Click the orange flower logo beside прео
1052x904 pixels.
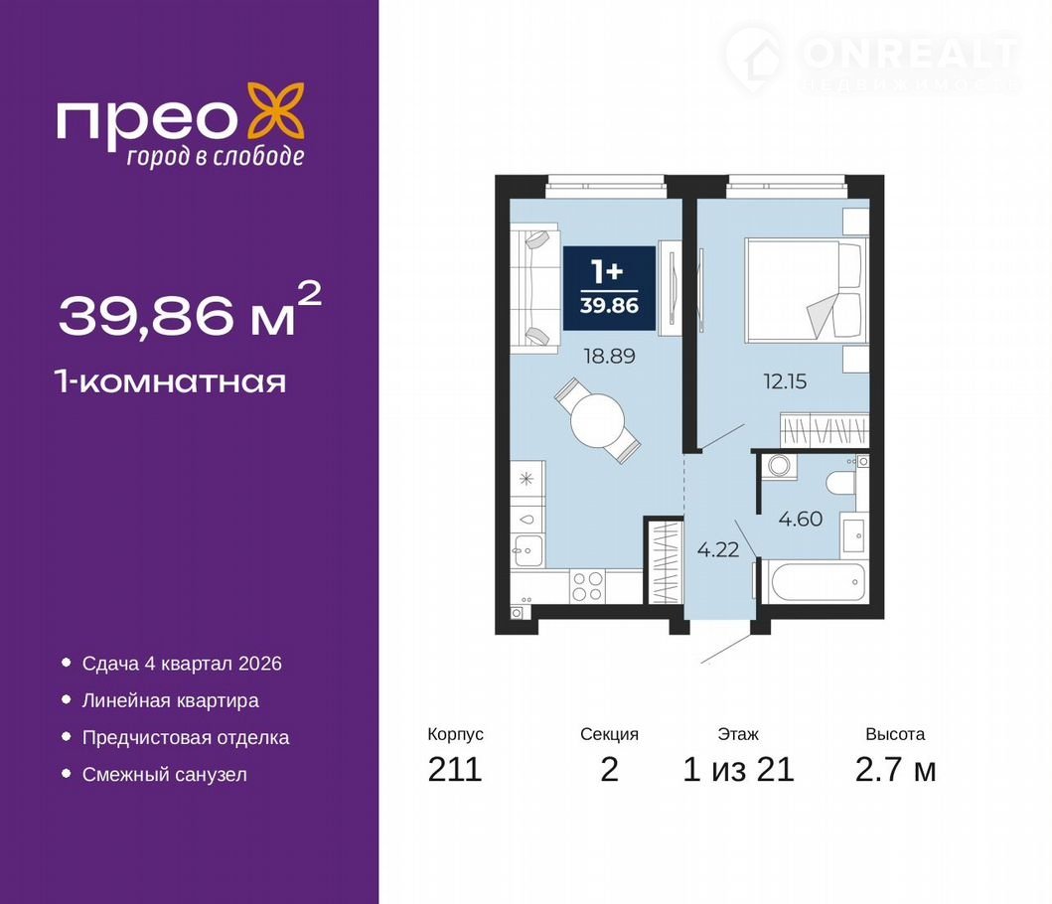point(276,112)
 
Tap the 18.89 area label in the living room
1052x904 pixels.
point(609,356)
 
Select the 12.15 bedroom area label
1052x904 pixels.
point(785,381)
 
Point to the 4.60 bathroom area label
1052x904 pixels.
point(801,519)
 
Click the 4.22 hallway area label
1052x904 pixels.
point(718,549)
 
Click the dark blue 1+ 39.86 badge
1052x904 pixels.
point(609,288)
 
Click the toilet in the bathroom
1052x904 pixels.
point(841,483)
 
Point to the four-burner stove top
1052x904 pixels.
point(588,586)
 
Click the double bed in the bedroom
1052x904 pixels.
point(804,290)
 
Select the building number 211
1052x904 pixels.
point(455,769)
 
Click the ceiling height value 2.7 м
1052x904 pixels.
point(895,769)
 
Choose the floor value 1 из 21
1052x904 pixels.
point(738,769)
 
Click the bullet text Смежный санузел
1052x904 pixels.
point(164,775)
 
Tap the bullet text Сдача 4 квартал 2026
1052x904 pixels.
point(182,663)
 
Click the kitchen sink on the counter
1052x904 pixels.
point(527,551)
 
